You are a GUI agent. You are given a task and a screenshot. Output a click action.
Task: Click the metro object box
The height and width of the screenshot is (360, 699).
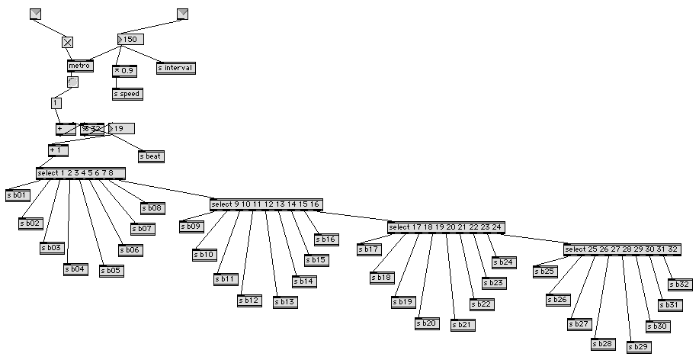79,66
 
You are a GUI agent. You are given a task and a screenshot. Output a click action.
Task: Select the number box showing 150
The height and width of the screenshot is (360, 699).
130,40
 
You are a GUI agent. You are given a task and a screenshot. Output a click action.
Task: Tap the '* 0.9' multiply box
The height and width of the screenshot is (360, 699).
124,71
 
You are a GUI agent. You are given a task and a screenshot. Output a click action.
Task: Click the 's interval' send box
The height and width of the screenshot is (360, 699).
176,68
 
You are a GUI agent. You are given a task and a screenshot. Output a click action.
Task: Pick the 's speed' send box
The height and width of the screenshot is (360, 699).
127,95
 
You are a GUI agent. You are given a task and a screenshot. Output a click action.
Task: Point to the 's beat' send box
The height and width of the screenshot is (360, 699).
151,156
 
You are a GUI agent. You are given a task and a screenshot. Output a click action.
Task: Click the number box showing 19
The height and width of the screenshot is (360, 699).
121,128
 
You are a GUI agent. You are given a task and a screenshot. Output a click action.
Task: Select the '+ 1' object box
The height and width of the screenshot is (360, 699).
58,150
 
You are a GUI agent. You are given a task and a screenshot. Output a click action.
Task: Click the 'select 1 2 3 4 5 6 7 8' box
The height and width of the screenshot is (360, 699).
79,173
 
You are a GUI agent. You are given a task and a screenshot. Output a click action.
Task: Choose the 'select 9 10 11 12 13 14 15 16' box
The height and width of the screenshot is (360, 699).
265,204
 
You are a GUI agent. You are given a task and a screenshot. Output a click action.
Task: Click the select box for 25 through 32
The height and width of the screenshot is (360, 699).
620,250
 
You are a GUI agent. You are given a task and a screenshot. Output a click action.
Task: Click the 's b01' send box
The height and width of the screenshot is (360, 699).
17,195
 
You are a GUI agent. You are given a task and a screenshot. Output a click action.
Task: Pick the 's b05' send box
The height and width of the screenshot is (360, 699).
111,271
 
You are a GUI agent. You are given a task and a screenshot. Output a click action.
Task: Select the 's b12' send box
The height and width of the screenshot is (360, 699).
249,301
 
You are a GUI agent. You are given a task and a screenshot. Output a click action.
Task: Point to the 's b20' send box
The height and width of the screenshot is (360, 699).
427,323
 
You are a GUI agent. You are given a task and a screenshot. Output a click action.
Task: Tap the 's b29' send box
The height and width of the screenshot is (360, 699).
639,348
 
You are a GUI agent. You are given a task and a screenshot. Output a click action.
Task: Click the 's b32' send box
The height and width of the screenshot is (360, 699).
678,284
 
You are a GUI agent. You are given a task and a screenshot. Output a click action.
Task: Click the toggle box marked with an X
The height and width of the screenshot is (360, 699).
68,43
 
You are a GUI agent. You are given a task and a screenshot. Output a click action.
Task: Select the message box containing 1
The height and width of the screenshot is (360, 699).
56,103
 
